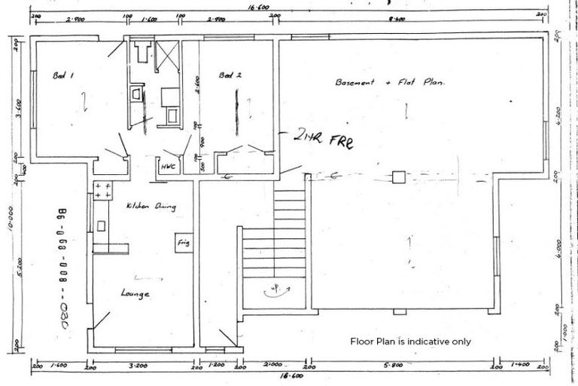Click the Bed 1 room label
[62, 75]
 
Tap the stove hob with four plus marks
[102, 189]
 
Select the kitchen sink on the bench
[102, 225]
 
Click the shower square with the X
[169, 54]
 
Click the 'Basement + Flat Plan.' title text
[390, 82]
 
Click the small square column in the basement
[399, 177]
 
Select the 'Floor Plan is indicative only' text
[410, 341]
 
